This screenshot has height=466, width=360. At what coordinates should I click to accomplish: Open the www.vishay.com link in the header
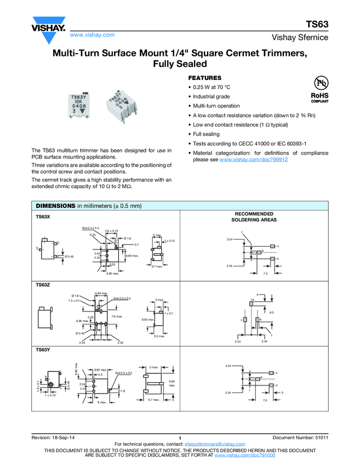(x=92, y=35)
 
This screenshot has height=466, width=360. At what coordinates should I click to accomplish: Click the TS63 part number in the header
(x=316, y=24)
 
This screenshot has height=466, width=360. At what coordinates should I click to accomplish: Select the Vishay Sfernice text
(x=300, y=38)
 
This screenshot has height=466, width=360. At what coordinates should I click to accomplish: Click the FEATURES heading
(x=204, y=78)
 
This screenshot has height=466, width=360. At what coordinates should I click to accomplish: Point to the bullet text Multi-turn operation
(x=216, y=106)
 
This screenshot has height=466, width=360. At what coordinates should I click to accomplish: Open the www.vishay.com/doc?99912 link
(x=254, y=160)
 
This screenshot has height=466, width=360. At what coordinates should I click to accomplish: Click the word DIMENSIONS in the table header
(x=55, y=206)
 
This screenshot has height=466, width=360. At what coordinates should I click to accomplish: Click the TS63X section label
(x=43, y=217)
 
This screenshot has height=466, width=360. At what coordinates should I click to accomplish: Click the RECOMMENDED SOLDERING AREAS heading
(x=254, y=217)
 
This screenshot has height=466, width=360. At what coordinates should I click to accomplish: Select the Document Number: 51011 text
(x=300, y=437)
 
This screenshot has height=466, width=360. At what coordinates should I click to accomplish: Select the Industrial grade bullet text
(x=212, y=96)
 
